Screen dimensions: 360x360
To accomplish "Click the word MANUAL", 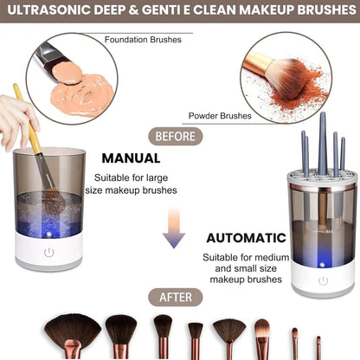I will [131, 158].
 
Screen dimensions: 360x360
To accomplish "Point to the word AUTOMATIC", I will [247, 236].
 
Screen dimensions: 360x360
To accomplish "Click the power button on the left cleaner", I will [48, 253].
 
